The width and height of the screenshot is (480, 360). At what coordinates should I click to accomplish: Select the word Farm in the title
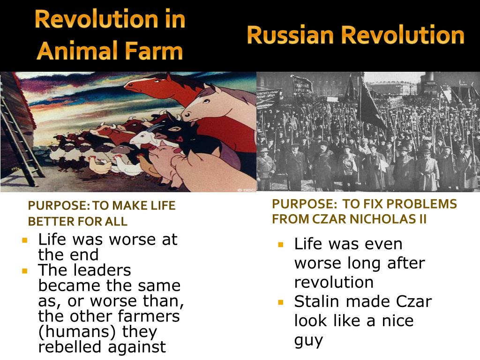(154, 51)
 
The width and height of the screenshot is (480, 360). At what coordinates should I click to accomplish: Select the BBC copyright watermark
(246, 190)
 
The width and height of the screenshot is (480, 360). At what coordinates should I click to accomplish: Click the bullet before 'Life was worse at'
(25, 240)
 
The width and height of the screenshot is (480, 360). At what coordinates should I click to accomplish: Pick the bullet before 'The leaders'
(25, 271)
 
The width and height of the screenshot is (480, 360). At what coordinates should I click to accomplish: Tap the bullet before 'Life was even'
(281, 245)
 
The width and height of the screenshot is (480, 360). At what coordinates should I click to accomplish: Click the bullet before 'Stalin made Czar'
(281, 302)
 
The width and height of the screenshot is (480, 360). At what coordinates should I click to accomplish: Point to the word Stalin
(317, 301)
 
